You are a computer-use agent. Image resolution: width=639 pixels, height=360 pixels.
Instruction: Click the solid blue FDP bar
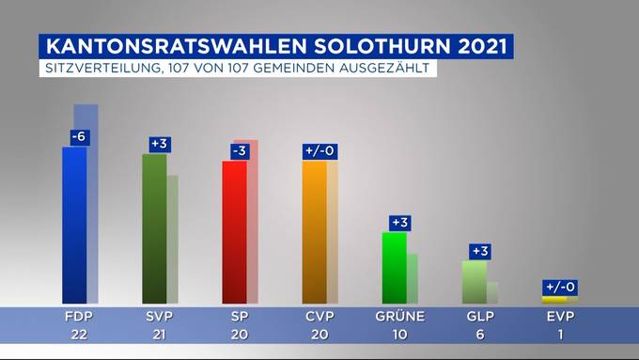(x=74, y=225)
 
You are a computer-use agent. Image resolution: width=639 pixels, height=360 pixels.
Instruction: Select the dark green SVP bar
(x=154, y=228)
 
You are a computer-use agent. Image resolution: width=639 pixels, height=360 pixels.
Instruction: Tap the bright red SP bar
(x=234, y=232)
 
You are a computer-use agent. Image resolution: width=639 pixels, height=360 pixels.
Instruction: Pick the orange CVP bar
(x=315, y=232)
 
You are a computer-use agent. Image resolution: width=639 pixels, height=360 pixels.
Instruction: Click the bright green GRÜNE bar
(x=395, y=268)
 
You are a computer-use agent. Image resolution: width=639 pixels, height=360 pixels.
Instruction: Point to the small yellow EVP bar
(x=554, y=300)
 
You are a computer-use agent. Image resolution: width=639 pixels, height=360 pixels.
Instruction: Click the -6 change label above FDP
(x=79, y=137)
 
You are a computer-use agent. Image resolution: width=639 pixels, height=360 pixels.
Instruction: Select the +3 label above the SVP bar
(x=160, y=145)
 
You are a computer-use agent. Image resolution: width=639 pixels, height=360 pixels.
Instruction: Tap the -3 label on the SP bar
(x=240, y=151)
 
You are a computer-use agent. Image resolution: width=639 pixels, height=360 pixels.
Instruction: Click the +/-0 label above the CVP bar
(x=319, y=151)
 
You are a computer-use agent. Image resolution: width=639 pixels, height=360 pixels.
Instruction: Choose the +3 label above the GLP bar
(x=480, y=251)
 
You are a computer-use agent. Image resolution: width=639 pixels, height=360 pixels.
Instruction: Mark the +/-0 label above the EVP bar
(x=560, y=288)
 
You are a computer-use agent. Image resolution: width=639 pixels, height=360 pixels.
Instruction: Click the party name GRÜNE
(x=399, y=317)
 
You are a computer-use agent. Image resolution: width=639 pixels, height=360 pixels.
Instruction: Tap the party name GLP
(x=480, y=317)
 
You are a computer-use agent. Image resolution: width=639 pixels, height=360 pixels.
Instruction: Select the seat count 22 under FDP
(x=79, y=335)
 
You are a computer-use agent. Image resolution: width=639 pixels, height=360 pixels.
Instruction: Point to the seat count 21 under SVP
(x=159, y=335)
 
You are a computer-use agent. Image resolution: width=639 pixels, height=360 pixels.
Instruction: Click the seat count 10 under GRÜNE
(x=399, y=335)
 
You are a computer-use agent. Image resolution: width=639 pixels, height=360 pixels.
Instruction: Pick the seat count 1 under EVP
(x=561, y=335)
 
